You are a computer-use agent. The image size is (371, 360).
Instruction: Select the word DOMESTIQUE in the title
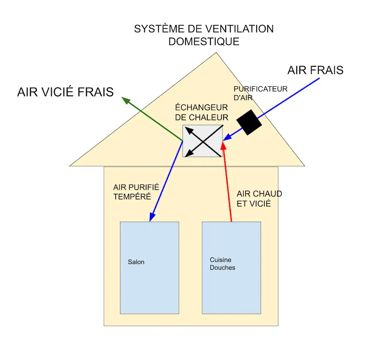[204, 42]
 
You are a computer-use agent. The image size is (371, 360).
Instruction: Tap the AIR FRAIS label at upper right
[315, 70]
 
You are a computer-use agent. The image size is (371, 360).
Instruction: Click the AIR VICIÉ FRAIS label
[65, 92]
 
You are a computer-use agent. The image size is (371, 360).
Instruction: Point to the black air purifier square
[249, 122]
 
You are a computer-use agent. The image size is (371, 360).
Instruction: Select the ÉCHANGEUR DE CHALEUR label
[202, 113]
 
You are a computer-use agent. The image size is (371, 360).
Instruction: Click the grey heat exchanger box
[203, 141]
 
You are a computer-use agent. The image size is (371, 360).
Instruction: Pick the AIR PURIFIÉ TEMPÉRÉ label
[136, 192]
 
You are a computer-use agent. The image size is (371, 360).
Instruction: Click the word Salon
[136, 262]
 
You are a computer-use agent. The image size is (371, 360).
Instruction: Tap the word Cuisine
[220, 260]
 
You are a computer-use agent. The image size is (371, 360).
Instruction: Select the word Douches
[222, 267]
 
